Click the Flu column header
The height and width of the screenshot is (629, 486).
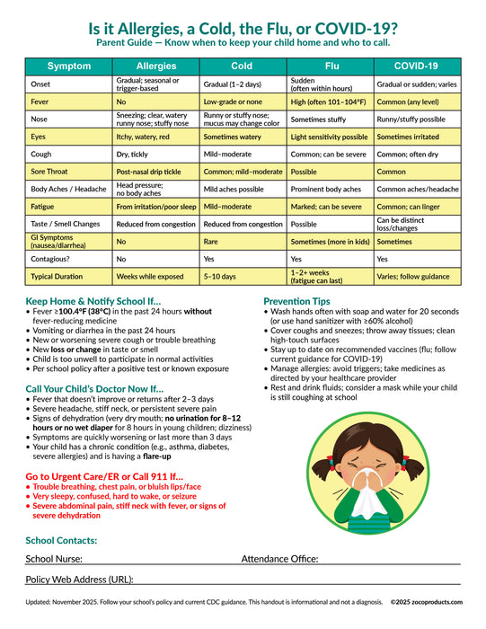331,66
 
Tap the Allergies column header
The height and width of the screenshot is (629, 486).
156,66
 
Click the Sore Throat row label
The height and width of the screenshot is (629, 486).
50,171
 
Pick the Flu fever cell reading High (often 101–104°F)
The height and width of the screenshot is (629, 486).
329,101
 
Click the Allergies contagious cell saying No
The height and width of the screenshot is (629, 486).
121,259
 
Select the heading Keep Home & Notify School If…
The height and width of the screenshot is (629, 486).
93,301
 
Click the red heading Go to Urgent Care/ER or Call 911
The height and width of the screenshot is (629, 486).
104,475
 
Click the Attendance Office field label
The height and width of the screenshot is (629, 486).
279,559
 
